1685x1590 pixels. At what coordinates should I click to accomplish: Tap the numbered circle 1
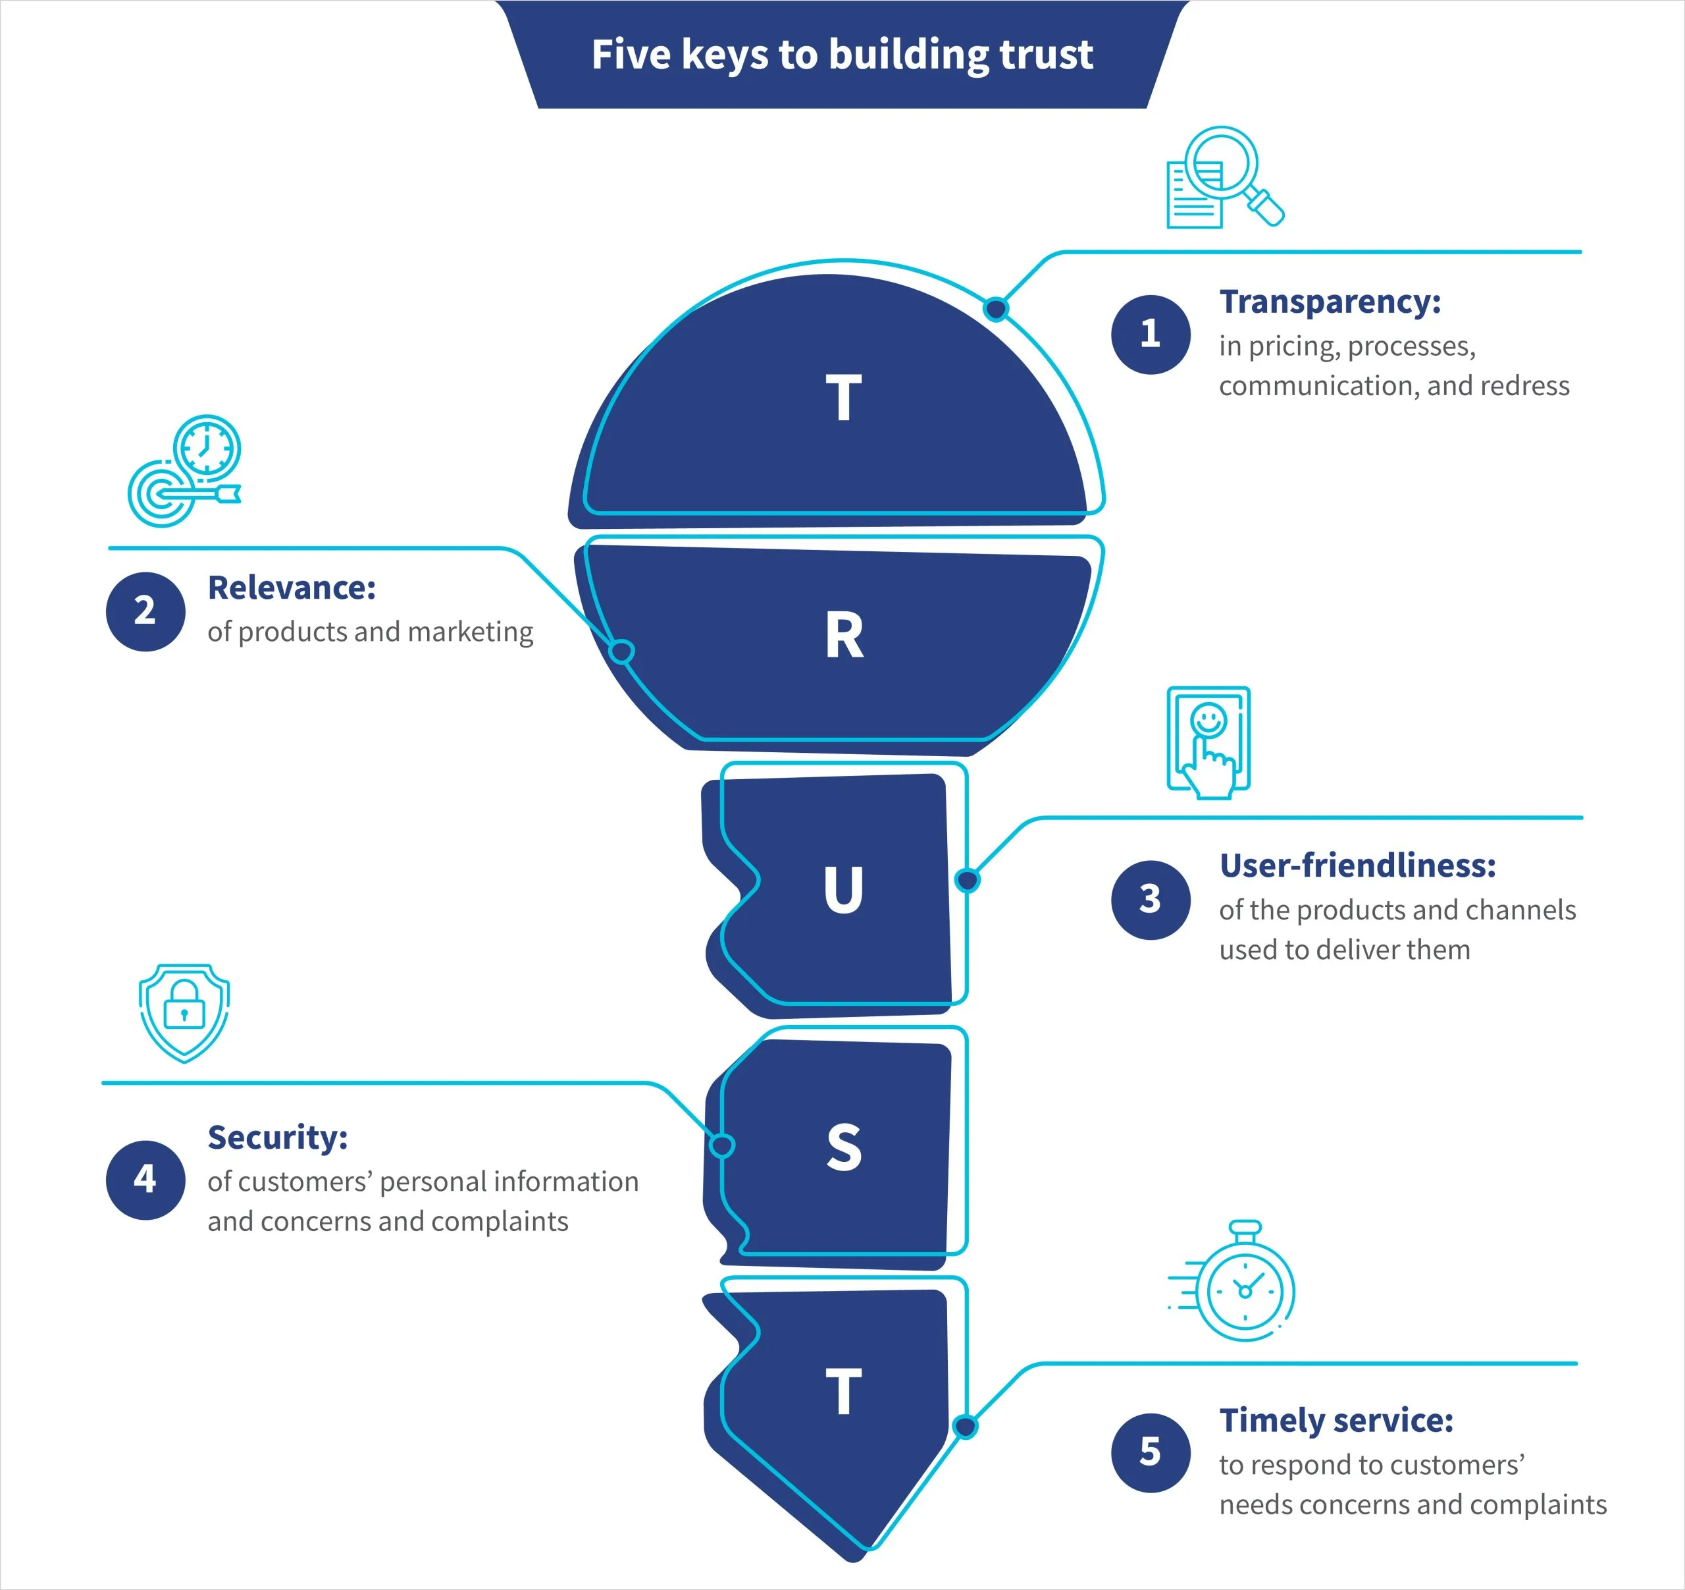(1150, 334)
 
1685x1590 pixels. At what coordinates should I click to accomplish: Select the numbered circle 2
(145, 611)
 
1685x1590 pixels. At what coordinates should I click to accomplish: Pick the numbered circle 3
(1150, 900)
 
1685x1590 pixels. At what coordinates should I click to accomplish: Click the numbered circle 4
(145, 1180)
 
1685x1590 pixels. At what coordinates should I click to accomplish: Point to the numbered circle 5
(1150, 1452)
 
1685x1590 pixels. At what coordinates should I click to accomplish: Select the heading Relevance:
(292, 587)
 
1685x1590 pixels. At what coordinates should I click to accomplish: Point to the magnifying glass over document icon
(1225, 177)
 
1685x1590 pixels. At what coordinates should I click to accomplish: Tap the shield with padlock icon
(184, 1014)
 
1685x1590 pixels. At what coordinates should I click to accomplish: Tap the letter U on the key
(843, 890)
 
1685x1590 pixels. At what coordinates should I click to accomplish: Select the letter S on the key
(844, 1147)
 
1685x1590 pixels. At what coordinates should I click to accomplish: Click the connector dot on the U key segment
(967, 880)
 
